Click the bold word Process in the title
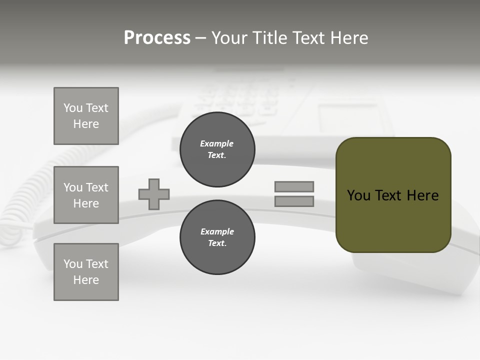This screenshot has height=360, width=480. (x=157, y=38)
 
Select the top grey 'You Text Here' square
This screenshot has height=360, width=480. (x=86, y=116)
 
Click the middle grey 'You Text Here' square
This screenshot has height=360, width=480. (x=86, y=195)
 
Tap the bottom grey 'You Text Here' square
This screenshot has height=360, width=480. (x=86, y=272)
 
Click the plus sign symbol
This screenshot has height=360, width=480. (x=154, y=194)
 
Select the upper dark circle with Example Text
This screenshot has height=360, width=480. (x=217, y=149)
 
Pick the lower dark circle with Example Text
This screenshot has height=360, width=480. (x=217, y=237)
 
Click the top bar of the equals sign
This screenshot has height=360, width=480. (x=294, y=187)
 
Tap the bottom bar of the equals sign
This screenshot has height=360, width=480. (x=294, y=201)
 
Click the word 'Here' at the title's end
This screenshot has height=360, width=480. (x=349, y=38)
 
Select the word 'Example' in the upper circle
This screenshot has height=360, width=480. (x=217, y=143)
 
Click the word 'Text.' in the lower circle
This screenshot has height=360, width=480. (x=217, y=243)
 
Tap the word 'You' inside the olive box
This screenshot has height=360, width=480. (x=358, y=195)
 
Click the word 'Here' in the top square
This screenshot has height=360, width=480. (x=86, y=124)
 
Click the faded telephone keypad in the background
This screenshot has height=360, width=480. (x=235, y=97)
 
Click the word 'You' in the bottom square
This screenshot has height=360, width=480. (x=73, y=264)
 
